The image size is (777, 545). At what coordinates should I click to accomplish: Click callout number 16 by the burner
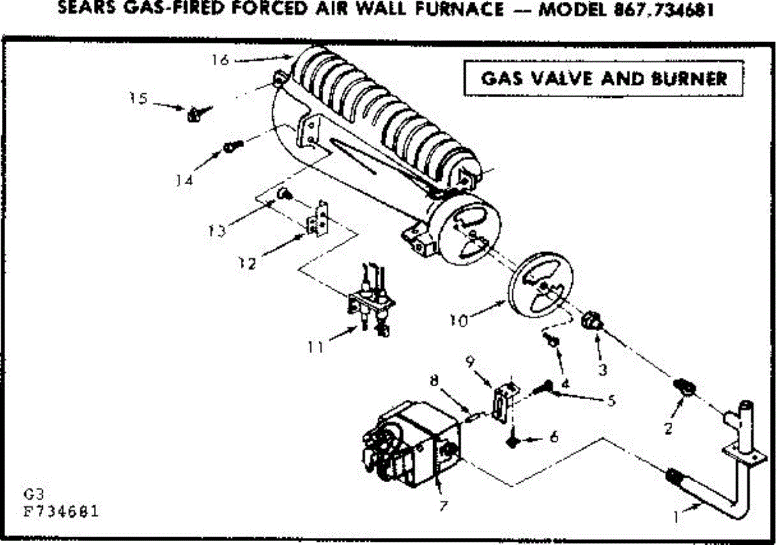(220, 60)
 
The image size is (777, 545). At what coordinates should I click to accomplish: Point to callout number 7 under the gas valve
(443, 506)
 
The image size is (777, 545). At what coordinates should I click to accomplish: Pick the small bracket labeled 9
(503, 404)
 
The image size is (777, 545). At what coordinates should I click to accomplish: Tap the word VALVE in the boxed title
(561, 79)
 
